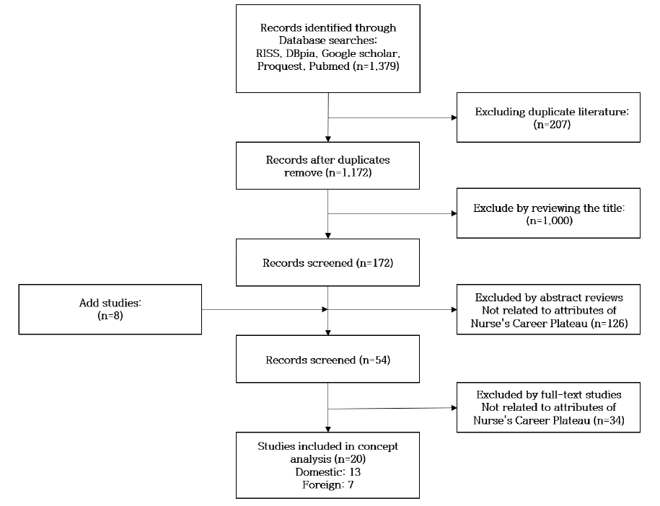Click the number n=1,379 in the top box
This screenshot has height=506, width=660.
[377, 66]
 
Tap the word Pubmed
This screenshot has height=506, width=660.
[329, 66]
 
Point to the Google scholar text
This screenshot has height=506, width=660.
[361, 53]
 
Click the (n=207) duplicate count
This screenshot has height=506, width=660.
[552, 125]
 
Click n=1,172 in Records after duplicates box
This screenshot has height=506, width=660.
[349, 172]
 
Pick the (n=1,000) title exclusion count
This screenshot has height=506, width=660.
[550, 221]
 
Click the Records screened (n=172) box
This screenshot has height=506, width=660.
[327, 262]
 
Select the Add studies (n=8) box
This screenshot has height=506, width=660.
[110, 309]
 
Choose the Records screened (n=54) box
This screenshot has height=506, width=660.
[327, 359]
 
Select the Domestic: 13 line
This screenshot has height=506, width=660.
[328, 472]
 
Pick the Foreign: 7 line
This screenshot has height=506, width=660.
[328, 485]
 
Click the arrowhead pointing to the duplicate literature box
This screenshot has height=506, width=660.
[454, 117]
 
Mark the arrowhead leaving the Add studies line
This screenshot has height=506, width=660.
[325, 309]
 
